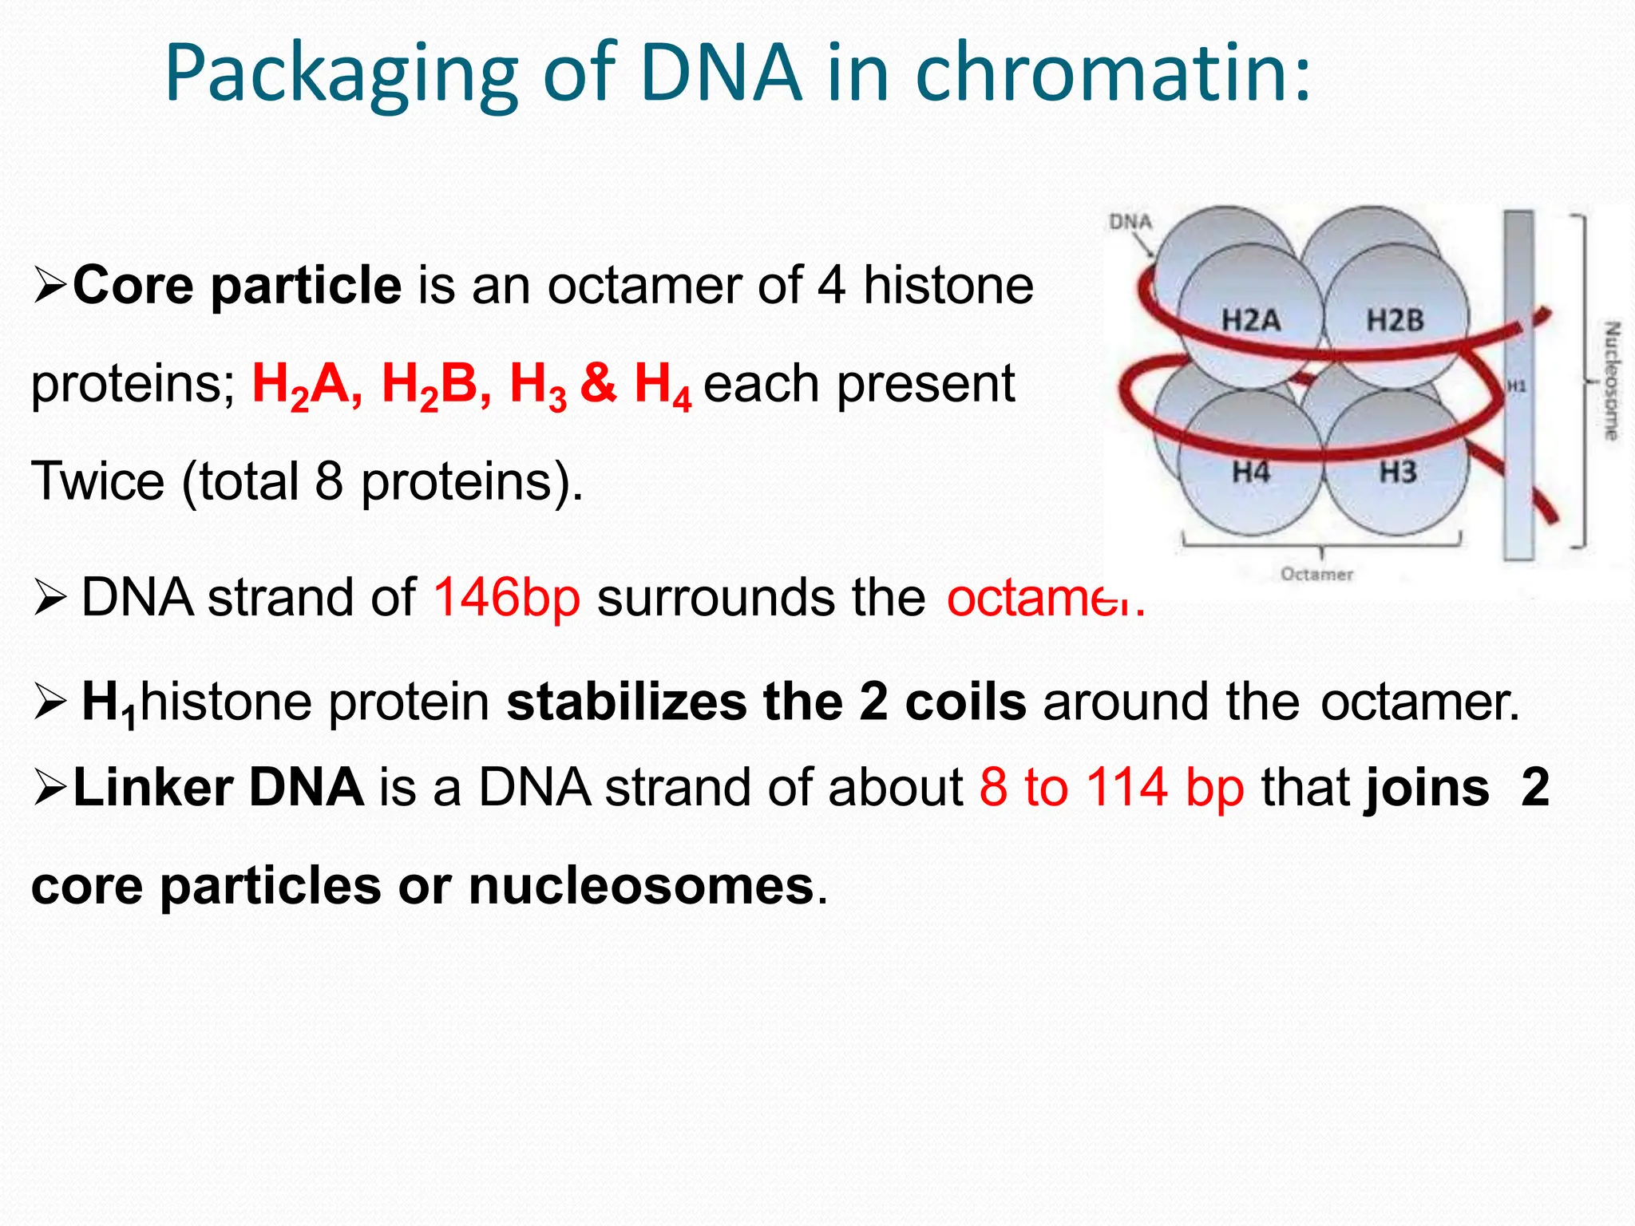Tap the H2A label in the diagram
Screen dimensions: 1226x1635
pos(1250,321)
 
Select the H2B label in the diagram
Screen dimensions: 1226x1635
pos(1395,321)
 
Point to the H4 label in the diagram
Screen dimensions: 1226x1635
pos(1250,473)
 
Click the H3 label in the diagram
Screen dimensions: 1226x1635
pos(1398,473)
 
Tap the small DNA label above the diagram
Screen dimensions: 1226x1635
pos(1130,222)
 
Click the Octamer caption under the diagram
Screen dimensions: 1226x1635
pos(1316,575)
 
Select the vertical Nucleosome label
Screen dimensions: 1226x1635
pos(1612,381)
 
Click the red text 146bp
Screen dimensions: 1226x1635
pos(506,597)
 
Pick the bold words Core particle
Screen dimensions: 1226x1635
pos(237,285)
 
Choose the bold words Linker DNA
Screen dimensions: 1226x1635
pos(218,788)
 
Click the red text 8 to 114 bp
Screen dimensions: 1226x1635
pos(1111,788)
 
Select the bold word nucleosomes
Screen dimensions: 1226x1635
pos(641,886)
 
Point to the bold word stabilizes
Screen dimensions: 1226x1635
pos(627,702)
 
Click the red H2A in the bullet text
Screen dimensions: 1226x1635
pos(306,386)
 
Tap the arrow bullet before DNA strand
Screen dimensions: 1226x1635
pos(49,599)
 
